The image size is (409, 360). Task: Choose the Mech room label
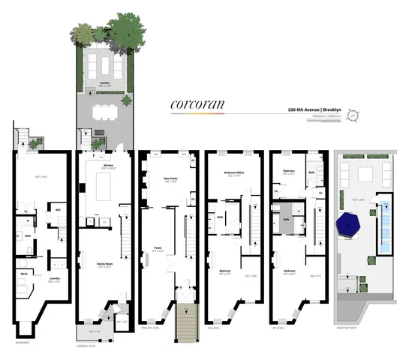[24, 274]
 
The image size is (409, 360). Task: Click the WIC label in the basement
[57, 210]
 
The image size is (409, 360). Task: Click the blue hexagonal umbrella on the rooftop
[352, 223]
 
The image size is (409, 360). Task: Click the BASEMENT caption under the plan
[23, 341]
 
